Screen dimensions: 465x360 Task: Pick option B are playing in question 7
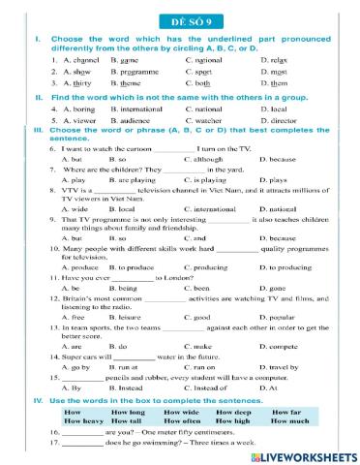click(x=136, y=180)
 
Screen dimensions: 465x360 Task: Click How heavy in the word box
click(x=83, y=421)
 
